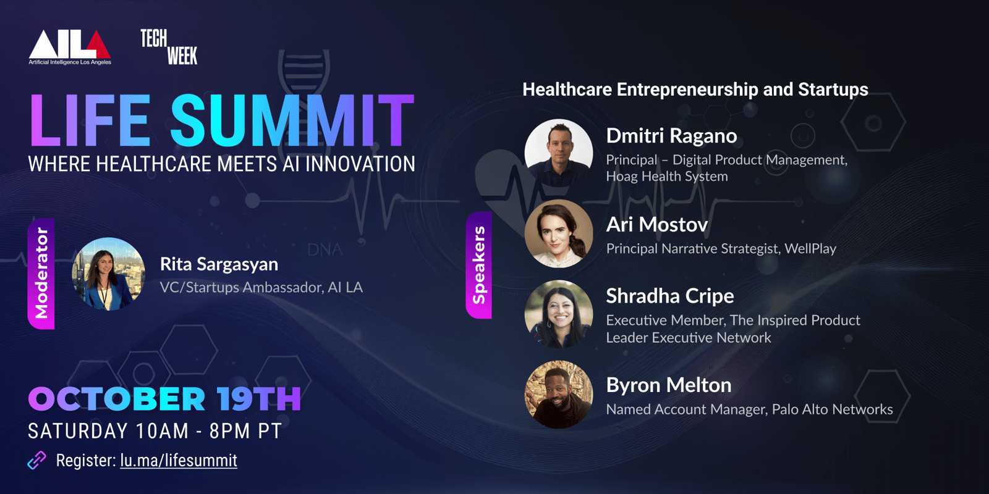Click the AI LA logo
70,48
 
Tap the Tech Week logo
169,47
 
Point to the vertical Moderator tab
41,274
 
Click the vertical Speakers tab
479,265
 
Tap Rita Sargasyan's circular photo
109,274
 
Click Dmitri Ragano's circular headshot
559,153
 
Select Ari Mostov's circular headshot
559,234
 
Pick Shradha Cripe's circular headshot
559,314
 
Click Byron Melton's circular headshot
559,395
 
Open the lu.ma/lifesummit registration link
179,461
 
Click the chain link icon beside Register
36,461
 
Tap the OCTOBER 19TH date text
164,399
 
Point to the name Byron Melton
669,385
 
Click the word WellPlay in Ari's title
810,249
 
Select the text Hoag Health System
667,177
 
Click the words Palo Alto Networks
832,409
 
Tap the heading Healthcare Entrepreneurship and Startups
695,90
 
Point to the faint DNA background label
325,250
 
